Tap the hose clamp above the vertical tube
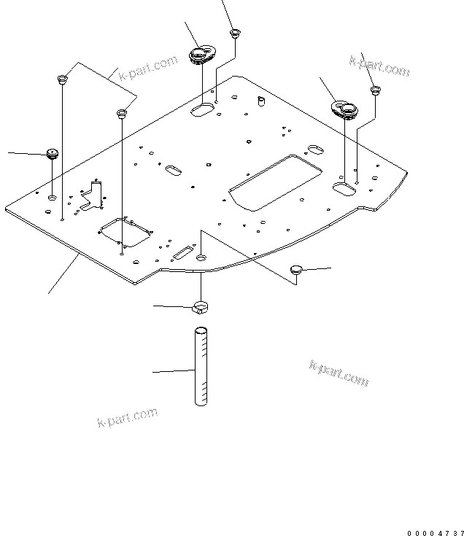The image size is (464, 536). tap(201, 307)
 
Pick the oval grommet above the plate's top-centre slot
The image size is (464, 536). tap(201, 55)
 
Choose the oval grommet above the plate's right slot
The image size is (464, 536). tap(342, 109)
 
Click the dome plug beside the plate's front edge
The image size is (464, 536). tap(295, 270)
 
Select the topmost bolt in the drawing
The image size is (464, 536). tap(235, 33)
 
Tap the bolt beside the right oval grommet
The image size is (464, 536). tap(376, 90)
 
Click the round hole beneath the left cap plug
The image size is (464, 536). tap(53, 198)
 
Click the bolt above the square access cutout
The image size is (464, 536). tap(121, 114)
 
